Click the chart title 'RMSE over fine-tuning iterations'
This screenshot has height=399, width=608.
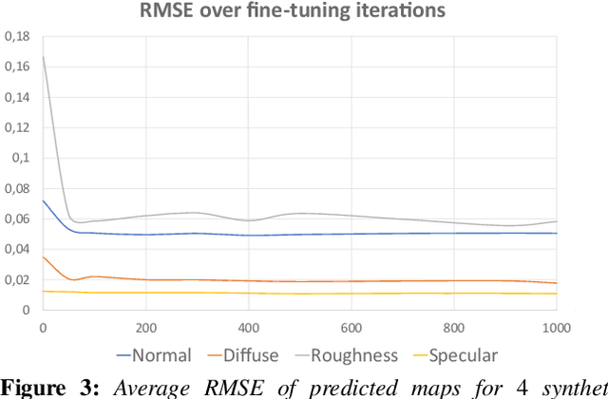[x=298, y=12]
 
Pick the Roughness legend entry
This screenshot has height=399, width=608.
[x=347, y=356]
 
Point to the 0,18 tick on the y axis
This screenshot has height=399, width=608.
[x=18, y=36]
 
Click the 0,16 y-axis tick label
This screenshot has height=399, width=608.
[x=18, y=66]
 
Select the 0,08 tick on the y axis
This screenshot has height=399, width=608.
[x=18, y=188]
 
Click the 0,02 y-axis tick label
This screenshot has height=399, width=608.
[x=18, y=279]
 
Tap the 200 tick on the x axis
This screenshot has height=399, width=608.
[x=145, y=328]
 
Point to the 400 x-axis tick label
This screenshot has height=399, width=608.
[x=248, y=328]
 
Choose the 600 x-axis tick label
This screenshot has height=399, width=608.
[x=351, y=328]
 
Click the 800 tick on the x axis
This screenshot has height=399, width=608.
[x=453, y=328]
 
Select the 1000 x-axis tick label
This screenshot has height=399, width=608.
[x=555, y=328]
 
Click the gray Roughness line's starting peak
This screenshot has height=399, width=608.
[x=44, y=57]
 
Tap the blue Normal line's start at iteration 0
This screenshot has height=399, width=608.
[x=44, y=200]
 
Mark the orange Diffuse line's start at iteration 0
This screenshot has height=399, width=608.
[x=44, y=256]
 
